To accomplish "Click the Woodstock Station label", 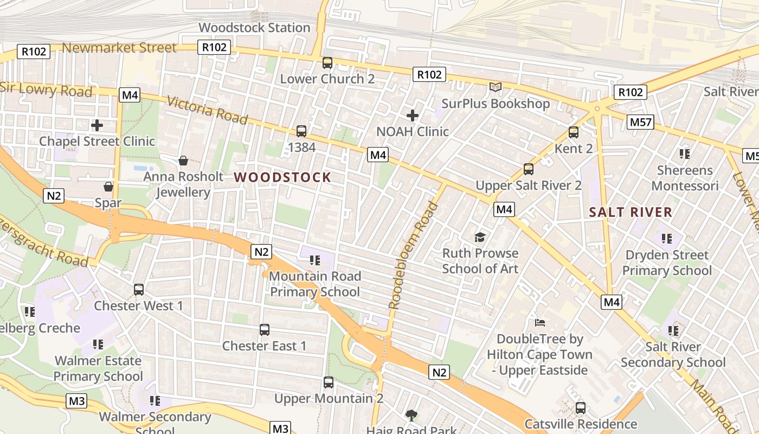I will [x=254, y=28].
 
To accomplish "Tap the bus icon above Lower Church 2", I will [x=327, y=62].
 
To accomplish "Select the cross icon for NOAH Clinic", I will [x=413, y=115].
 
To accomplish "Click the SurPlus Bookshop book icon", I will [x=496, y=87].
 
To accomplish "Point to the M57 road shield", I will [x=640, y=122].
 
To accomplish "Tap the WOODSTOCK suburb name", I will [x=282, y=177].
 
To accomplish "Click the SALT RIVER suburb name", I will [x=631, y=212].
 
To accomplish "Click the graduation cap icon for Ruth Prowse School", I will [x=480, y=237].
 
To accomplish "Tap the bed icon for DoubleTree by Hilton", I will [x=540, y=323].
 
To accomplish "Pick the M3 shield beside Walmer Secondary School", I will [x=76, y=401].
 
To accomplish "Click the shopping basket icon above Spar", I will [x=108, y=187].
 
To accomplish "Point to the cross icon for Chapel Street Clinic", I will [x=97, y=125].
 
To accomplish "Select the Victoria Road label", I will [x=207, y=110].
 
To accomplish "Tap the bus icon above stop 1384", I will [x=301, y=131].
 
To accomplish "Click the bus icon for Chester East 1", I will [x=265, y=329].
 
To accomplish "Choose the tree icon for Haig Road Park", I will [x=411, y=416].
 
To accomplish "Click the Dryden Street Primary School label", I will [x=667, y=263].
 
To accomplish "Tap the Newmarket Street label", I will [x=119, y=48].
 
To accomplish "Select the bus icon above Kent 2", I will [x=574, y=132].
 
